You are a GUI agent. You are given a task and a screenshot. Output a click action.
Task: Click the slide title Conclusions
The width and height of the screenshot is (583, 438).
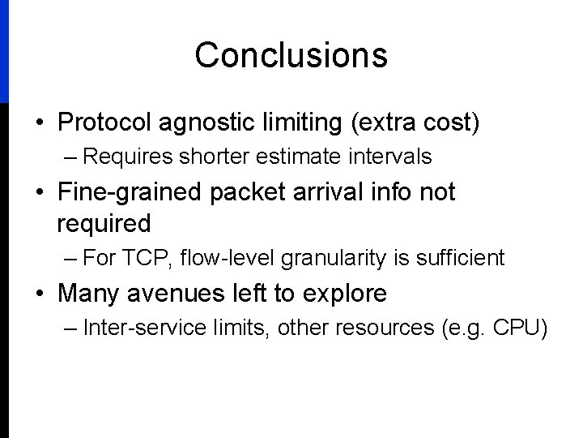tap(291, 55)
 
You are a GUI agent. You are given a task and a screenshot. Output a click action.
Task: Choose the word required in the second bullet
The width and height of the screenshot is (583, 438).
tap(104, 222)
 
